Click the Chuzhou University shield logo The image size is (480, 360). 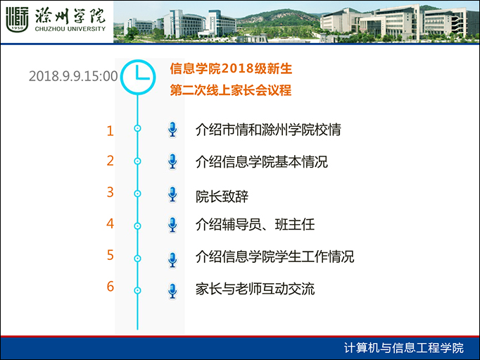17,20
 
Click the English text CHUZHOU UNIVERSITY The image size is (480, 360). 70,29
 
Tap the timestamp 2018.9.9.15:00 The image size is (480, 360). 73,76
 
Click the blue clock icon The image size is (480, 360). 138,77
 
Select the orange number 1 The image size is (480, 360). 110,131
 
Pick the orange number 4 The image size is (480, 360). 110,223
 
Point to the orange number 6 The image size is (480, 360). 110,287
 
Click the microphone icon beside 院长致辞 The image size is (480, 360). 172,194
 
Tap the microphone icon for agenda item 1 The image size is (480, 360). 172,130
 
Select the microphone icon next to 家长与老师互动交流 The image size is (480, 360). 172,291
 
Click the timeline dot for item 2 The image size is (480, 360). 137,161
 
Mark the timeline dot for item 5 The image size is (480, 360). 137,259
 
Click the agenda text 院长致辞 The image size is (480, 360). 222,197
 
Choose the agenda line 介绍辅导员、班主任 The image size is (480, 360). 255,224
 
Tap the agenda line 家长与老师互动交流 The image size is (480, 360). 255,289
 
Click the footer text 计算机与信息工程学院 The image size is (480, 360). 404,348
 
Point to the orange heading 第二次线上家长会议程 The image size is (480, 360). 231,90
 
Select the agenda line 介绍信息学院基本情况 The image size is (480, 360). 262,162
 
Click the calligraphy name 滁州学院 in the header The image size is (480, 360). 70,15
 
